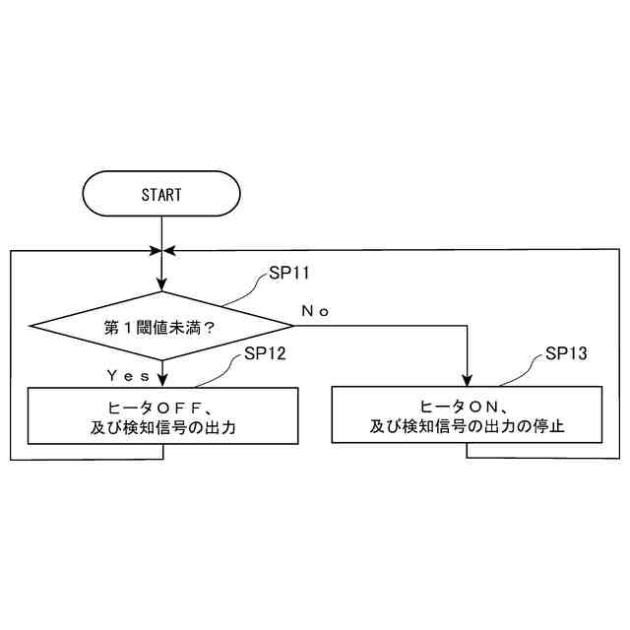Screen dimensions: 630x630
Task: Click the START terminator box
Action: point(161,194)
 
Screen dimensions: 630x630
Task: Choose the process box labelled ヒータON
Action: point(466,415)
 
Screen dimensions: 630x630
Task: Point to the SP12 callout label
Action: point(263,354)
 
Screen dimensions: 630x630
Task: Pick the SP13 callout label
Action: point(566,354)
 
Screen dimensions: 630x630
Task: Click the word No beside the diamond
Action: point(315,311)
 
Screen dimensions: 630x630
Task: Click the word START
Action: point(161,194)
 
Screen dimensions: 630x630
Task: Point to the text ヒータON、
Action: point(466,405)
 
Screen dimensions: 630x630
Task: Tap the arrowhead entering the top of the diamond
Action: point(161,285)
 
